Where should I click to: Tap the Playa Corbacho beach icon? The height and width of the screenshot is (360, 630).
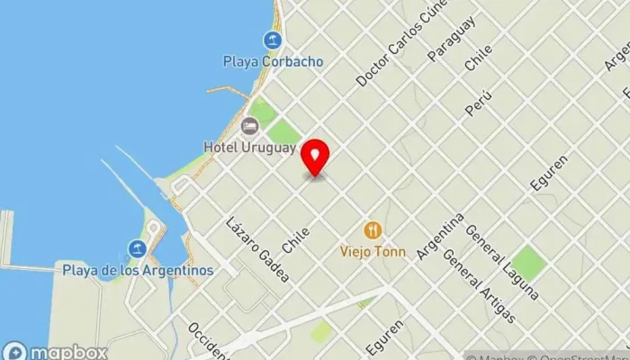[x=272, y=40]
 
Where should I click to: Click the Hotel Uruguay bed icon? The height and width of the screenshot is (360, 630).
[x=249, y=125]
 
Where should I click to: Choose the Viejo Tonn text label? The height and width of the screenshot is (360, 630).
[x=373, y=252]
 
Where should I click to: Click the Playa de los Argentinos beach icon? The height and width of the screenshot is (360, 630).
[x=137, y=248]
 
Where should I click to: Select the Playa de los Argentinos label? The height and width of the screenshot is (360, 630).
[x=138, y=270]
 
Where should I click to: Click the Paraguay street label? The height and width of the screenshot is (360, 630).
[x=451, y=39]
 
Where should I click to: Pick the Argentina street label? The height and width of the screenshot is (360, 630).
[x=440, y=237]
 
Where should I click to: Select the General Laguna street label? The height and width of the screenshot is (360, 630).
[x=502, y=262]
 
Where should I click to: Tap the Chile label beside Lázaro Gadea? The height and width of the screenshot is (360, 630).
[x=296, y=238]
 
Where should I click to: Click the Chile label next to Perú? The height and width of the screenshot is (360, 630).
[x=479, y=57]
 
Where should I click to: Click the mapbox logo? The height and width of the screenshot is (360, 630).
[x=56, y=352]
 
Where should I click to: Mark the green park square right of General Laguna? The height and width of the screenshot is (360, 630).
[x=528, y=261]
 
